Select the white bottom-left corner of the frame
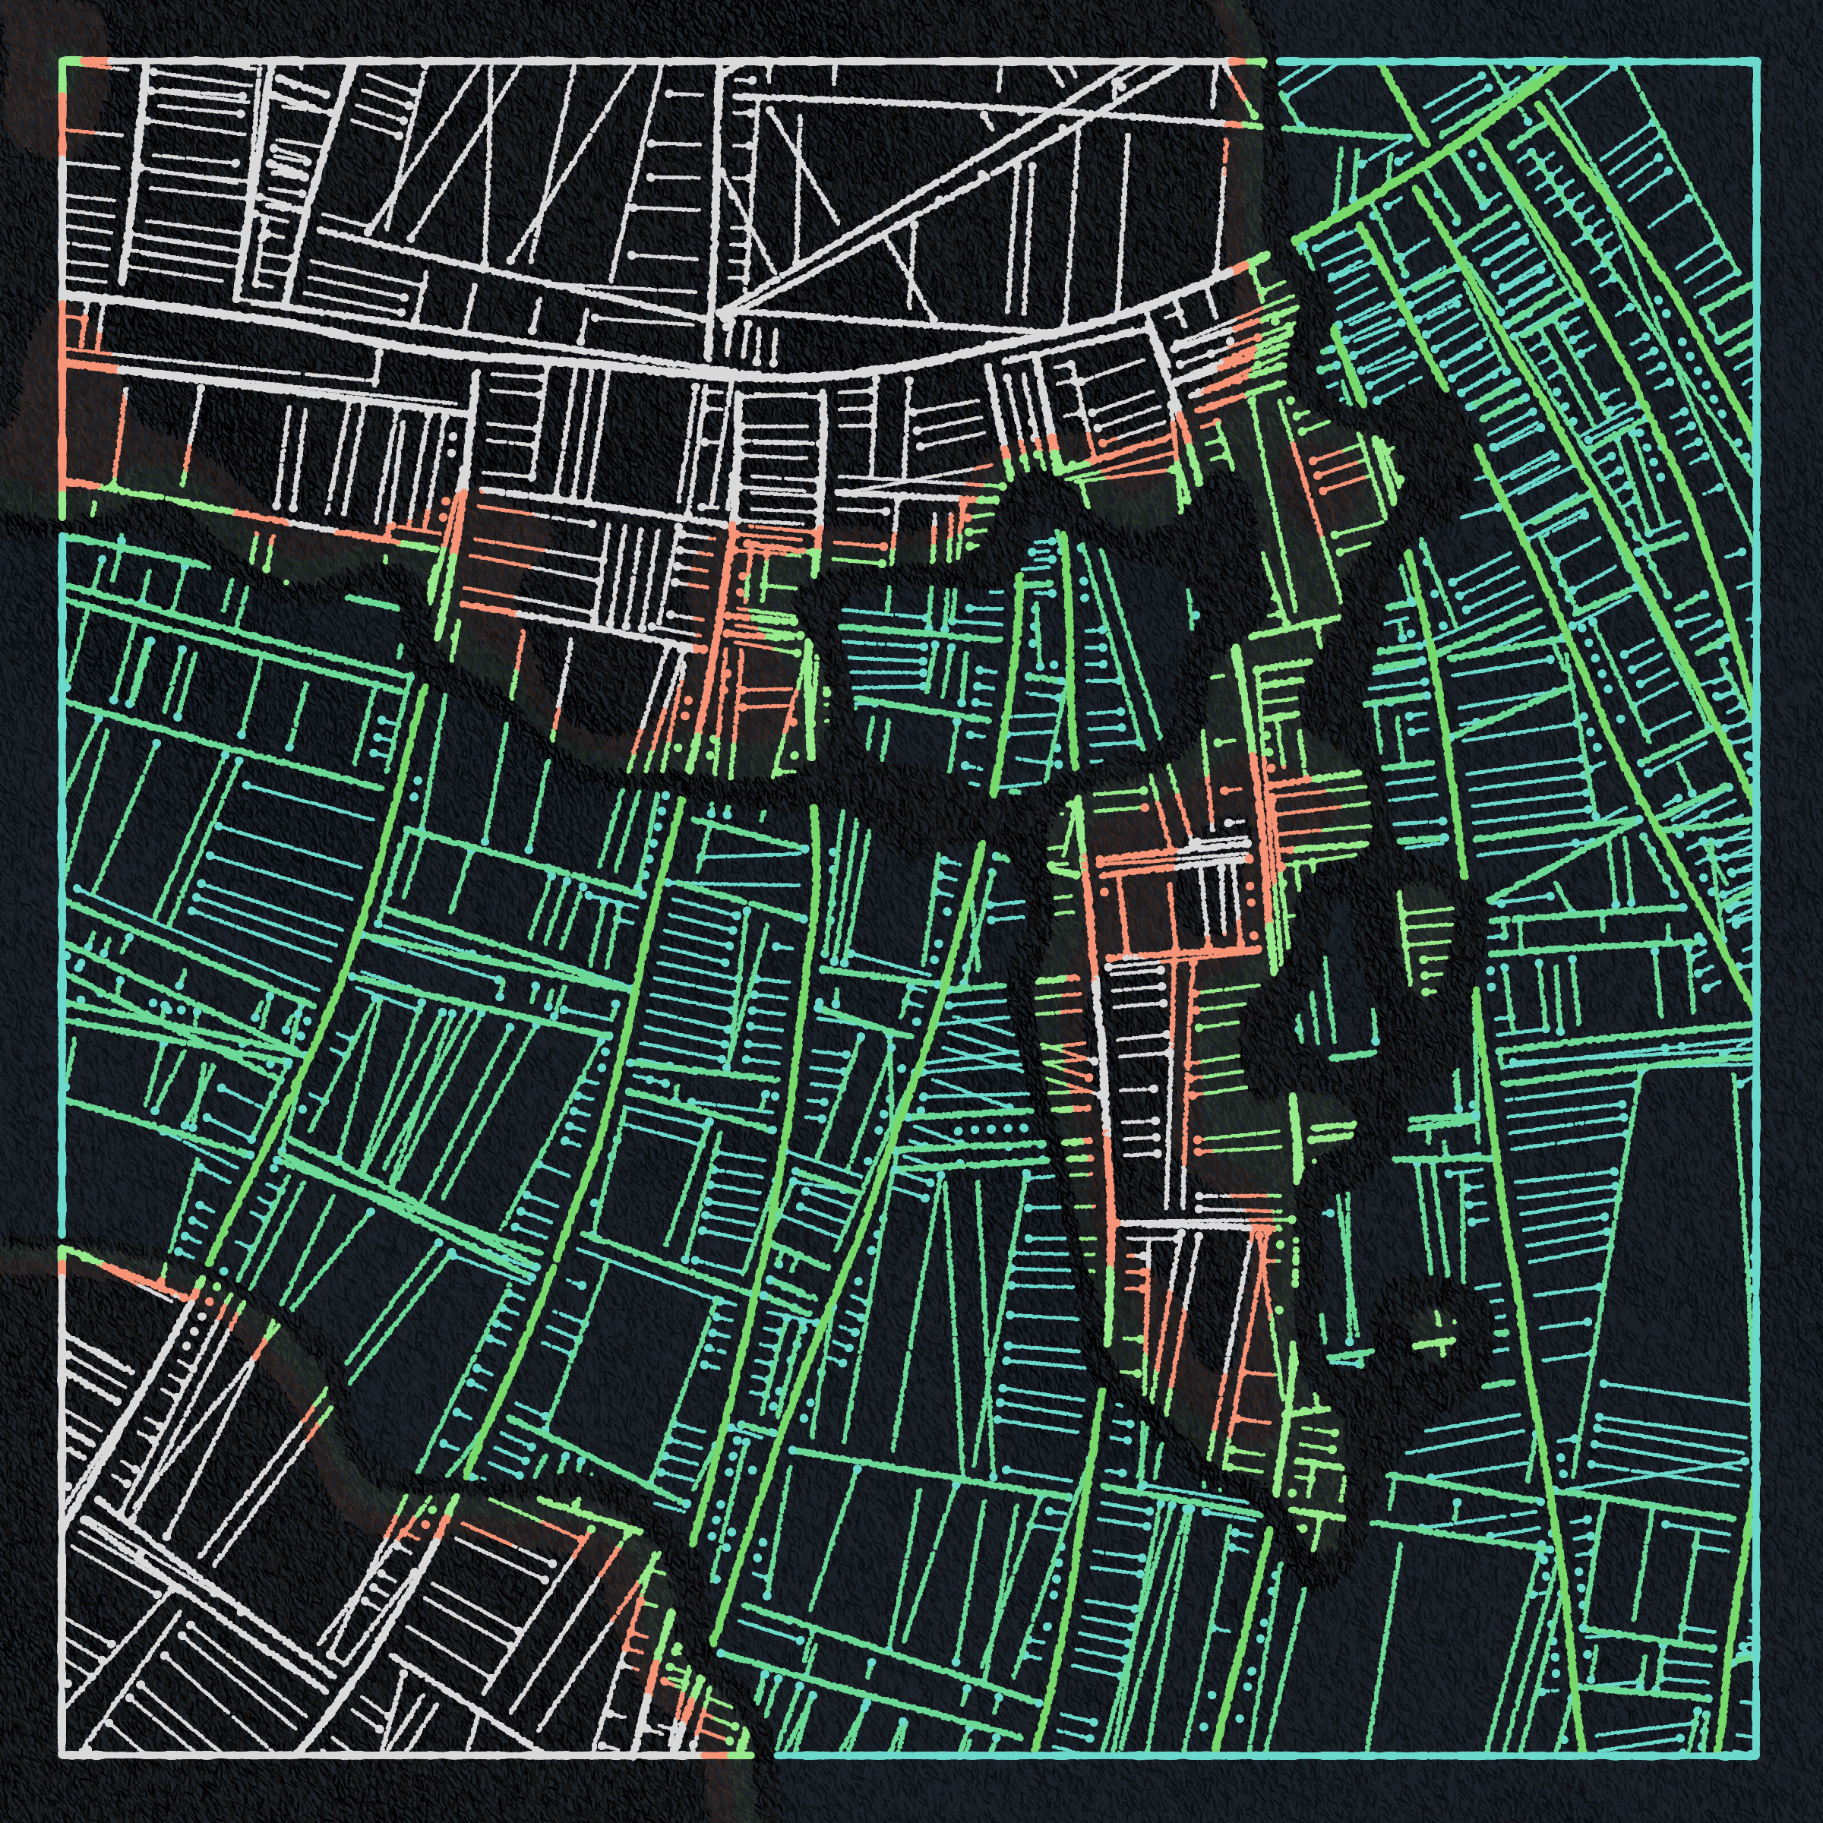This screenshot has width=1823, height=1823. (63, 1755)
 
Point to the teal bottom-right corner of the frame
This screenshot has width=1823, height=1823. (1758, 1755)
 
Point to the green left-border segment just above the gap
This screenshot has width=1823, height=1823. (63, 505)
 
